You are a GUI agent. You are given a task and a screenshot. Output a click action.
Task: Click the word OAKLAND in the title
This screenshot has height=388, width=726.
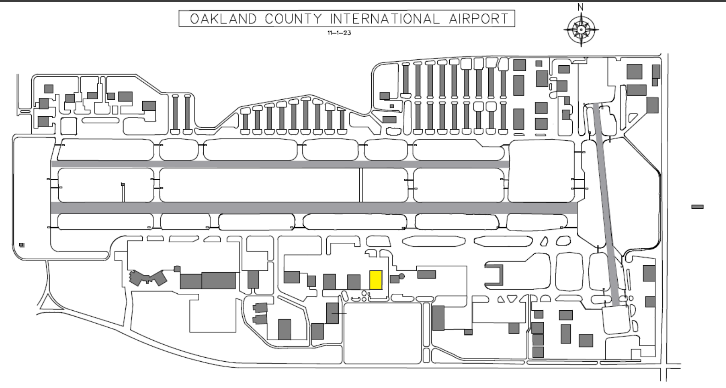click(x=223, y=19)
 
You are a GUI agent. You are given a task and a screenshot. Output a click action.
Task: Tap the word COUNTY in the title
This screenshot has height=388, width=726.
click(x=293, y=19)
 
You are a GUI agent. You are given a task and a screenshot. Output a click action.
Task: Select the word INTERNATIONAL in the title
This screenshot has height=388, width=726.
click(x=385, y=19)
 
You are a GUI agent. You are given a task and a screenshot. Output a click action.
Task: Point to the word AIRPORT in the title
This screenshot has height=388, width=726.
click(x=479, y=19)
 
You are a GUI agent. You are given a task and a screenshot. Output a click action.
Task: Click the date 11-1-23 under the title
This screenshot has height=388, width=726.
click(x=339, y=33)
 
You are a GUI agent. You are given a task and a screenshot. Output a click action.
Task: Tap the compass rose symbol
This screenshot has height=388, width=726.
click(x=581, y=30)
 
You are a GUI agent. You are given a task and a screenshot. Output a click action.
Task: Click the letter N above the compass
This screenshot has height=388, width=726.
click(x=581, y=7)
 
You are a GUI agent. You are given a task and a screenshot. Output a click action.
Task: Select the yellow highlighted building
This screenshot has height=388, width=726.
click(x=376, y=280)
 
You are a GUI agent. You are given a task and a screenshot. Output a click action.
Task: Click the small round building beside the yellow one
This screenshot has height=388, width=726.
click(x=402, y=276)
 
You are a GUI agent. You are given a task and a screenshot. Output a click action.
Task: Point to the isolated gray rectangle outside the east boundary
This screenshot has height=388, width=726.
click(x=698, y=207)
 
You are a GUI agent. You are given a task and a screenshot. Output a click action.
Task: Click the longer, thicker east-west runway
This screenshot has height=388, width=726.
click(x=314, y=208)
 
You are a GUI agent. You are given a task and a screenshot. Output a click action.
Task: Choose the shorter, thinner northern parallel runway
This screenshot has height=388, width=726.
click(x=280, y=164)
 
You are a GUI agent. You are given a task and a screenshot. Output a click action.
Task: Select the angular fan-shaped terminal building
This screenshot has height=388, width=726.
click(x=148, y=278)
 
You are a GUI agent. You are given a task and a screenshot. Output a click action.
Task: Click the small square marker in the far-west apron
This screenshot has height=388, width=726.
click(x=22, y=245)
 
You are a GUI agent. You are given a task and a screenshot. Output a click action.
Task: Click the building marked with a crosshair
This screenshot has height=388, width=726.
click(x=333, y=313)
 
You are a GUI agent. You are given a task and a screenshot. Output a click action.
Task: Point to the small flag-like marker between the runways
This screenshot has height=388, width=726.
click(x=123, y=185)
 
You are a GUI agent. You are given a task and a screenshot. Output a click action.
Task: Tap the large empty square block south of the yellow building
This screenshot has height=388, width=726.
click(x=382, y=333)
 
